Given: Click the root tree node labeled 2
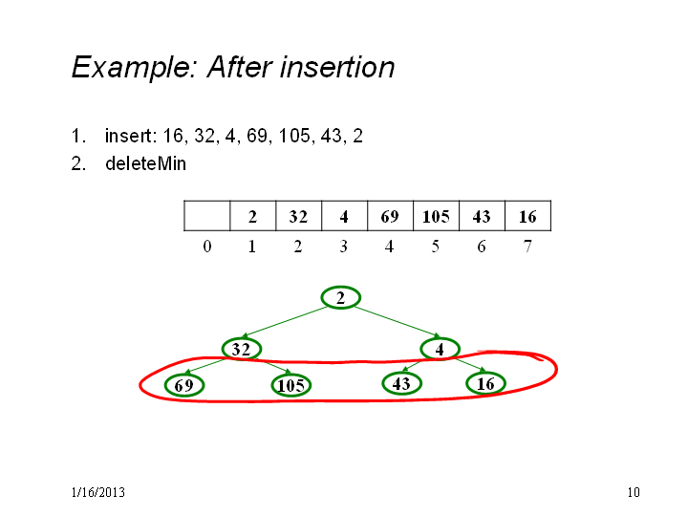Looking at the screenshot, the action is pyautogui.click(x=341, y=297).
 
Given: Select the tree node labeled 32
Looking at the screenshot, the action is pyautogui.click(x=242, y=349).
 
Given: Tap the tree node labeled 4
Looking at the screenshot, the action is pyautogui.click(x=441, y=349).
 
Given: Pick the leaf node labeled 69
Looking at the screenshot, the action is pyautogui.click(x=184, y=385).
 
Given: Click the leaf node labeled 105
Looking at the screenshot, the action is pyautogui.click(x=291, y=385).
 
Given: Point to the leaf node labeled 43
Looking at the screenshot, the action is pyautogui.click(x=401, y=383).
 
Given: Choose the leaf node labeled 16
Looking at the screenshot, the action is pyautogui.click(x=485, y=383).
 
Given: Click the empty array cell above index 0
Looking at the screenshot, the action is pyautogui.click(x=207, y=215).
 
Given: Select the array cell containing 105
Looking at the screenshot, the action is pyautogui.click(x=436, y=215).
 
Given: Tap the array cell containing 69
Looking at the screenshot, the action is pyautogui.click(x=390, y=215).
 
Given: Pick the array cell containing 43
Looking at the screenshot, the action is pyautogui.click(x=482, y=215).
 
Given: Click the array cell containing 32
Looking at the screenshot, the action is pyautogui.click(x=298, y=215).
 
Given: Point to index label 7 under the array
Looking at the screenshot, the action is pyautogui.click(x=527, y=247).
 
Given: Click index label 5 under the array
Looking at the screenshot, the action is pyautogui.click(x=436, y=247).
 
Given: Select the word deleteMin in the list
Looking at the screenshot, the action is pyautogui.click(x=145, y=163).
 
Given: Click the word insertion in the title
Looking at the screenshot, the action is pyautogui.click(x=337, y=67).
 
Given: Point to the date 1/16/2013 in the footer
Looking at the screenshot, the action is pyautogui.click(x=97, y=492).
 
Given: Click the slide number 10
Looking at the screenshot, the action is pyautogui.click(x=634, y=492).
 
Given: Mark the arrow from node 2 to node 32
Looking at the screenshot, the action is pyautogui.click(x=285, y=322).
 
